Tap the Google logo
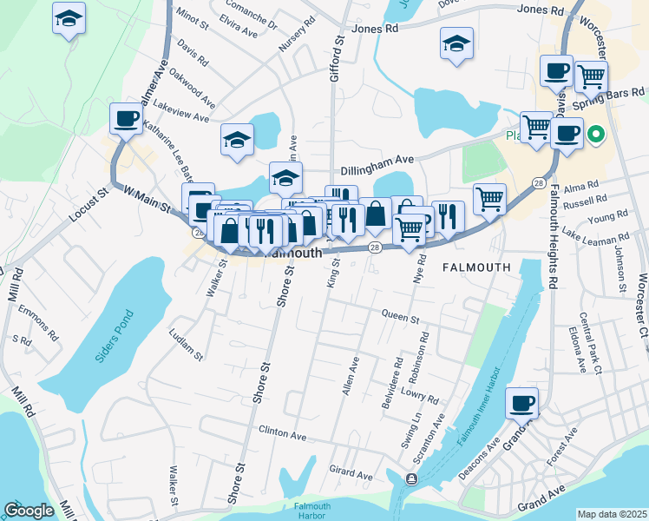29,511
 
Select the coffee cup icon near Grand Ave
522,402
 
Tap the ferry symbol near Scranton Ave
410,478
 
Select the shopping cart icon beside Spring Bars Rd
592,76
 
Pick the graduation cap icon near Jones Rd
456,43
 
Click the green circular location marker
595,134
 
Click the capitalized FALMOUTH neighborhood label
476,267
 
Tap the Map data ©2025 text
611,514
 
